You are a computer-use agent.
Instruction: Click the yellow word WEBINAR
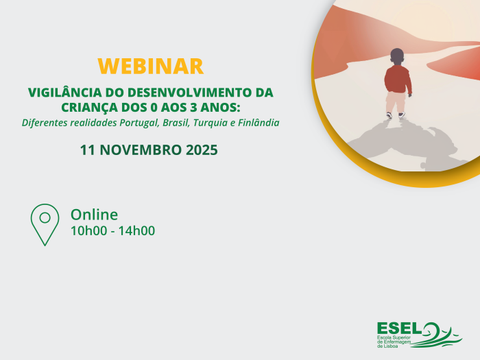point(150,67)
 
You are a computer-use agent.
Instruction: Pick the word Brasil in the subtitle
point(175,123)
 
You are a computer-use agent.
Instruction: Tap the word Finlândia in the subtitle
point(257,123)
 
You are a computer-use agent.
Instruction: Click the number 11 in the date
point(88,149)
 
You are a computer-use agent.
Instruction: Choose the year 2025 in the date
point(202,149)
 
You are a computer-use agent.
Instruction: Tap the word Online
point(94,215)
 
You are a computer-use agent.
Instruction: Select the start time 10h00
point(88,231)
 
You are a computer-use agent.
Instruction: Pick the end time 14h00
point(136,231)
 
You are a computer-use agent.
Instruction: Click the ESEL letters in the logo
point(398,329)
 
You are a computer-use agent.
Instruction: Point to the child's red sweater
point(397,79)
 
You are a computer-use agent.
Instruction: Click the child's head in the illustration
point(397,56)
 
